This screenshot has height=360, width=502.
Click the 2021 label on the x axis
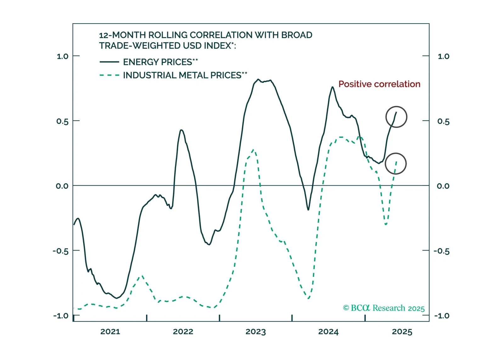click(110, 332)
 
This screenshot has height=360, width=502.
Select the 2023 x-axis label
click(256, 332)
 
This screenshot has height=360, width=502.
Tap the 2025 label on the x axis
click(402, 332)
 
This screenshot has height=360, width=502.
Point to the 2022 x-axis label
click(183, 332)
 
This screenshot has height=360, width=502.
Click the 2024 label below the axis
click(328, 332)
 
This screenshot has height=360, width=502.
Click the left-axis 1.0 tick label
click(62, 56)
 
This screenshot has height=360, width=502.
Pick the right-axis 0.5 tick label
click(443, 121)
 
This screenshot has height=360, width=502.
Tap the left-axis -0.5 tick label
click(60, 251)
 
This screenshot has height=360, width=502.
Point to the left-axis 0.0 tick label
click(62, 186)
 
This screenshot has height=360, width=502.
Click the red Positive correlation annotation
click(379, 84)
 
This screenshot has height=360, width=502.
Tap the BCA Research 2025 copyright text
click(384, 308)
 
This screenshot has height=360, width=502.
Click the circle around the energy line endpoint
click(396, 117)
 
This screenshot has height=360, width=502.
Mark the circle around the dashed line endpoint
click(396, 164)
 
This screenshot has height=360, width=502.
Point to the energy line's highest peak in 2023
click(258, 79)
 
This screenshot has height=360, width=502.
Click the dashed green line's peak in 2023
click(253, 150)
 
